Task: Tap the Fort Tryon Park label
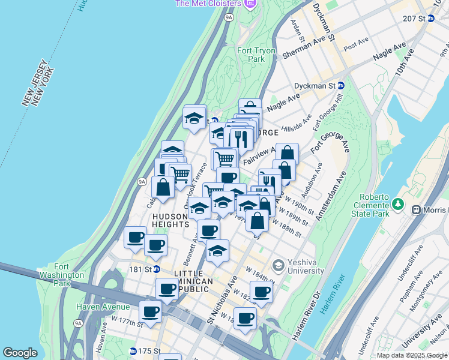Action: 251,55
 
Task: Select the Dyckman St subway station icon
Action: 340,86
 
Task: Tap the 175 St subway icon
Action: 133,351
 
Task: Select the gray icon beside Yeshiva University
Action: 278,265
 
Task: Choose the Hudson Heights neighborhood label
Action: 171,220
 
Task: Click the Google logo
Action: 20,353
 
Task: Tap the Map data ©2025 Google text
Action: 412,355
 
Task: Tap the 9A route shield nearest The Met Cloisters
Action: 229,17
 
